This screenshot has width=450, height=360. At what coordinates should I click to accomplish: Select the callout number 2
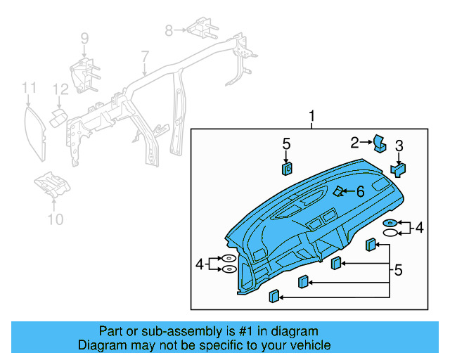355,143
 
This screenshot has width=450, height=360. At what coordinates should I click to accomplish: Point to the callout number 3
399,146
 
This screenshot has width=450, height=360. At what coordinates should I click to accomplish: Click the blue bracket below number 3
399,169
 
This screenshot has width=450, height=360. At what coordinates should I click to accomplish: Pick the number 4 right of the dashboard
420,227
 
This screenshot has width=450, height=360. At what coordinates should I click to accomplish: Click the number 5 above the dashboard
286,144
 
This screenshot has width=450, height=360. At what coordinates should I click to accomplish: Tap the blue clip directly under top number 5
287,168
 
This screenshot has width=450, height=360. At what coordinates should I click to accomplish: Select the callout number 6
360,191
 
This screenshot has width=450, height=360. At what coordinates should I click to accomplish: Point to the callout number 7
145,56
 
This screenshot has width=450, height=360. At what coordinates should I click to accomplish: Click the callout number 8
169,30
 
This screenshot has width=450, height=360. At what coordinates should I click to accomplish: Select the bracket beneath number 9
83,74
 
